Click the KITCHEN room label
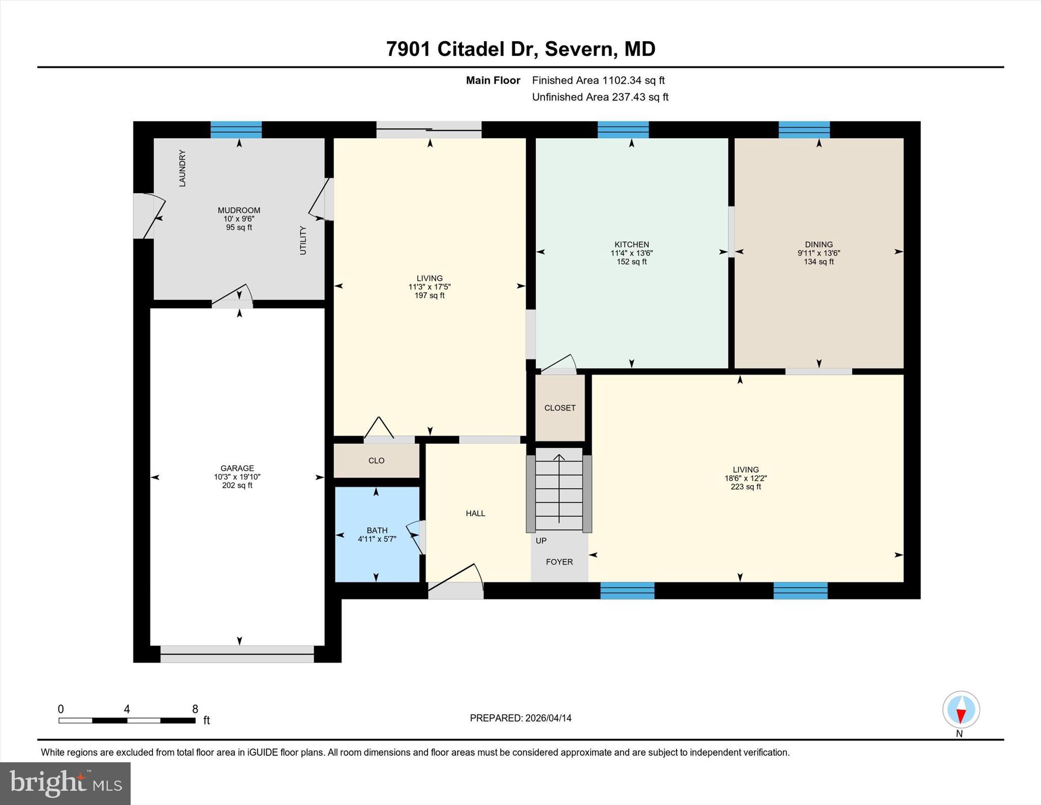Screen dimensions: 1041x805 coord(631,245)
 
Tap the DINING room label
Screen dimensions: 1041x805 coord(818,245)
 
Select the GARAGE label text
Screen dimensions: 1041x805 coord(237,468)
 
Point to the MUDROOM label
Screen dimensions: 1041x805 coord(239,211)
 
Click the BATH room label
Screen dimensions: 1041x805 coord(377,530)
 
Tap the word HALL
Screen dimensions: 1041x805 coord(475,514)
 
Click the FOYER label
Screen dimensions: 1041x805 coord(559,562)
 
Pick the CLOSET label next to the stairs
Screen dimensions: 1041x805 coord(560,408)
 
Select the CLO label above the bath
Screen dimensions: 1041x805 coord(376,461)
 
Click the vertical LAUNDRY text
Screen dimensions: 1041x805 coord(182,168)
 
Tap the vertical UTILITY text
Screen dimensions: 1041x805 coord(303,241)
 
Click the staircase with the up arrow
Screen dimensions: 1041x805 coord(559,489)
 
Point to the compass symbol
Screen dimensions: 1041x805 coord(961,710)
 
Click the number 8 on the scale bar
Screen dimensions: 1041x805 coord(195,709)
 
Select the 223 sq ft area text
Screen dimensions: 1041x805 coord(746,487)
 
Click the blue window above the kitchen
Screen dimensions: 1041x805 coord(623,130)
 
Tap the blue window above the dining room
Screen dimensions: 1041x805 coord(804,130)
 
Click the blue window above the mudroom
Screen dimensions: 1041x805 coord(236,130)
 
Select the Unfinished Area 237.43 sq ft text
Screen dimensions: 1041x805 coord(600,97)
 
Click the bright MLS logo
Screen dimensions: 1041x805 coord(65,783)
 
